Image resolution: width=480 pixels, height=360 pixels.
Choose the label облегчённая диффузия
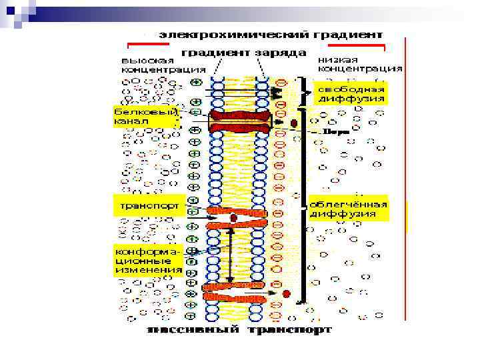(x=349, y=209)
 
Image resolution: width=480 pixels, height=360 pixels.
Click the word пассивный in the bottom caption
(x=194, y=329)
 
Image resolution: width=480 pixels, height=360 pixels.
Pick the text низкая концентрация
(x=359, y=64)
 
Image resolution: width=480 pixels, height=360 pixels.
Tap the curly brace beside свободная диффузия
(x=308, y=92)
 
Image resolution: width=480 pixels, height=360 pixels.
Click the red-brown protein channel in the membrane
(x=241, y=122)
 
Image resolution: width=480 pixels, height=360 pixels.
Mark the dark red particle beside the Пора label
(x=294, y=123)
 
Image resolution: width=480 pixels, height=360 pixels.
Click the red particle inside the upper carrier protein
(x=234, y=218)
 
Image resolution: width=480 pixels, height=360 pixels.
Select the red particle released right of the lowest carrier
(x=286, y=293)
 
